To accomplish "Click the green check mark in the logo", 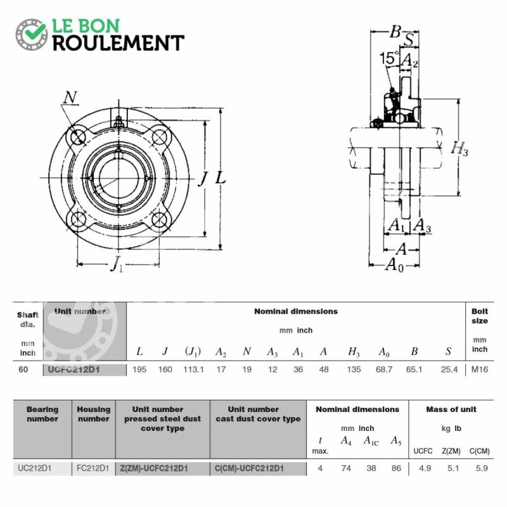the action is [x=35, y=31].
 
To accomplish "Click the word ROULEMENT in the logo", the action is [x=119, y=43].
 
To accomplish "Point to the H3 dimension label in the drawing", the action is [x=459, y=149].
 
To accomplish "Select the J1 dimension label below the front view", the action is [x=117, y=264].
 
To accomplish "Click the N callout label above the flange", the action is [x=70, y=98].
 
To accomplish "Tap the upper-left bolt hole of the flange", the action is [x=77, y=138].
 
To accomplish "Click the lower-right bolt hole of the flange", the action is [x=160, y=219].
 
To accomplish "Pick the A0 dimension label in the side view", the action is [x=394, y=265].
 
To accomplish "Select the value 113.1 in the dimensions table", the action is [x=193, y=369].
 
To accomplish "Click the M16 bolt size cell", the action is [x=480, y=369].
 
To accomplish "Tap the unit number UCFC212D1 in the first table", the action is [x=74, y=369].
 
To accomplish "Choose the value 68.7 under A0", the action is [x=384, y=369].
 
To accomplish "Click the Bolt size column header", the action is [x=480, y=316].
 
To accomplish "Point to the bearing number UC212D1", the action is [x=35, y=468].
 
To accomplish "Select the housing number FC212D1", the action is [x=93, y=468].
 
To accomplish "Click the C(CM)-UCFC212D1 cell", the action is [x=249, y=468].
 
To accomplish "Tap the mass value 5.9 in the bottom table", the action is [x=482, y=468].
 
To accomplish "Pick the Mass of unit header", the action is [x=451, y=409].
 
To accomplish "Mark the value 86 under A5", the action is [x=396, y=468].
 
